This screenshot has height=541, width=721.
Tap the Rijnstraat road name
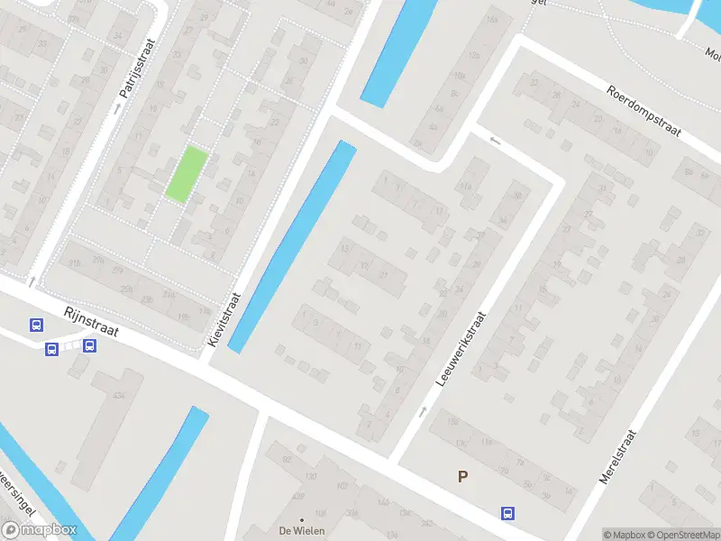(x=91, y=324)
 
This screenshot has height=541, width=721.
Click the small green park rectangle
(x=187, y=174)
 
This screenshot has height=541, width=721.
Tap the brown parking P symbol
(x=462, y=477)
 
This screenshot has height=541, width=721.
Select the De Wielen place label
(x=301, y=530)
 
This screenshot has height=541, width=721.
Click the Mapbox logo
(x=40, y=530)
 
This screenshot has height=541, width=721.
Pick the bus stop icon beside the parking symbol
(x=508, y=513)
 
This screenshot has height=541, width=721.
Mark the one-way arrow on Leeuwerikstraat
(x=423, y=411)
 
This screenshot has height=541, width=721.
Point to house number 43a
(x=119, y=398)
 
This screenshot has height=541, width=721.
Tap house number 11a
(x=467, y=186)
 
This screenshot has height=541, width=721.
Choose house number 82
(x=287, y=459)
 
